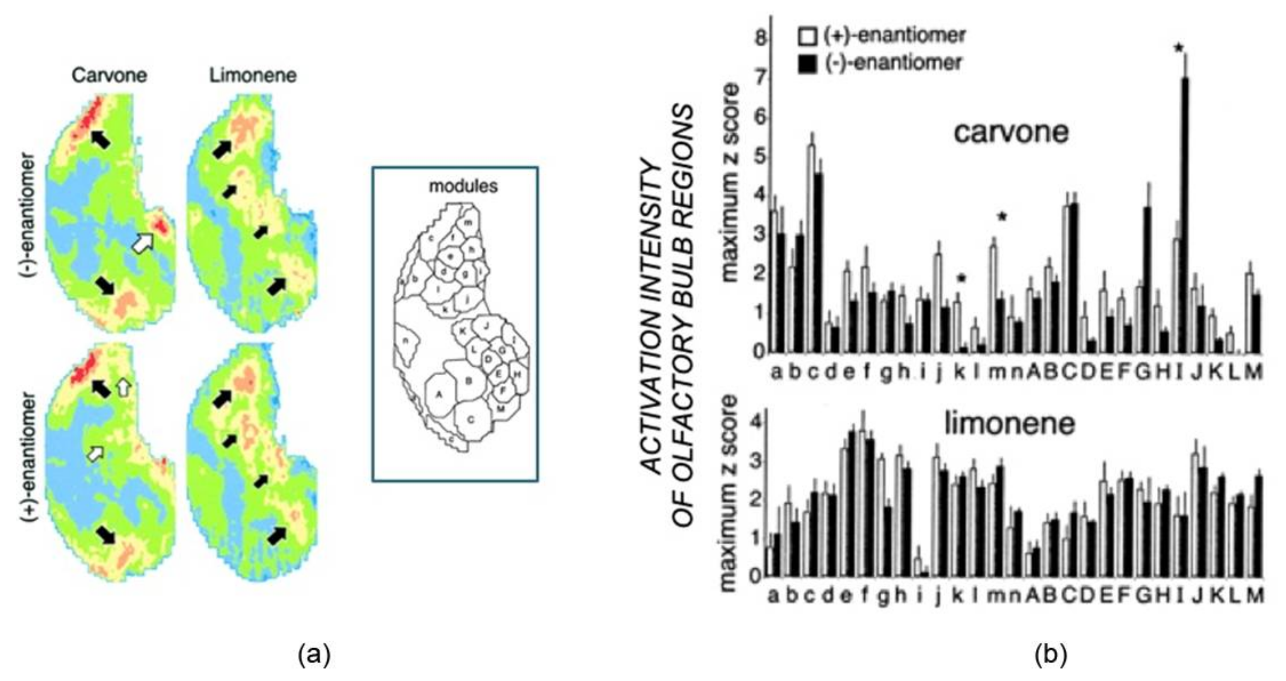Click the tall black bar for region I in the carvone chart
click(x=1184, y=215)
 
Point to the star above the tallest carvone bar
click(x=1179, y=48)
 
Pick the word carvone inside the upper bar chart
click(x=1011, y=133)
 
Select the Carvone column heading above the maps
click(x=109, y=75)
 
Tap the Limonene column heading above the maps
click(x=253, y=75)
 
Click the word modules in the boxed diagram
click(x=463, y=186)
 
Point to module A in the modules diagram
click(x=439, y=394)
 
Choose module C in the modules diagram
click(x=471, y=419)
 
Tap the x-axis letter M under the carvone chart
click(x=1253, y=372)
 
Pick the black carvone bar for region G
click(x=1147, y=280)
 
